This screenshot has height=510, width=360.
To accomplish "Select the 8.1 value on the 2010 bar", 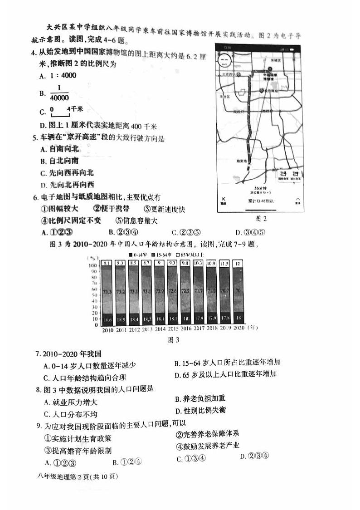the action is coord(107,263).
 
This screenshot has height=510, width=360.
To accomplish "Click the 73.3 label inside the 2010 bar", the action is coord(107,293).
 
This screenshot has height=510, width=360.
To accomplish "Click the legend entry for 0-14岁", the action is coord(140,255).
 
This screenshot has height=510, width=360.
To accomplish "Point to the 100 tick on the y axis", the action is coord(92,265).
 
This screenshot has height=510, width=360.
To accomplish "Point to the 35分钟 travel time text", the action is coord(259,188).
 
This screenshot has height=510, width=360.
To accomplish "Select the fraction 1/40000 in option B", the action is coord(59,93).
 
